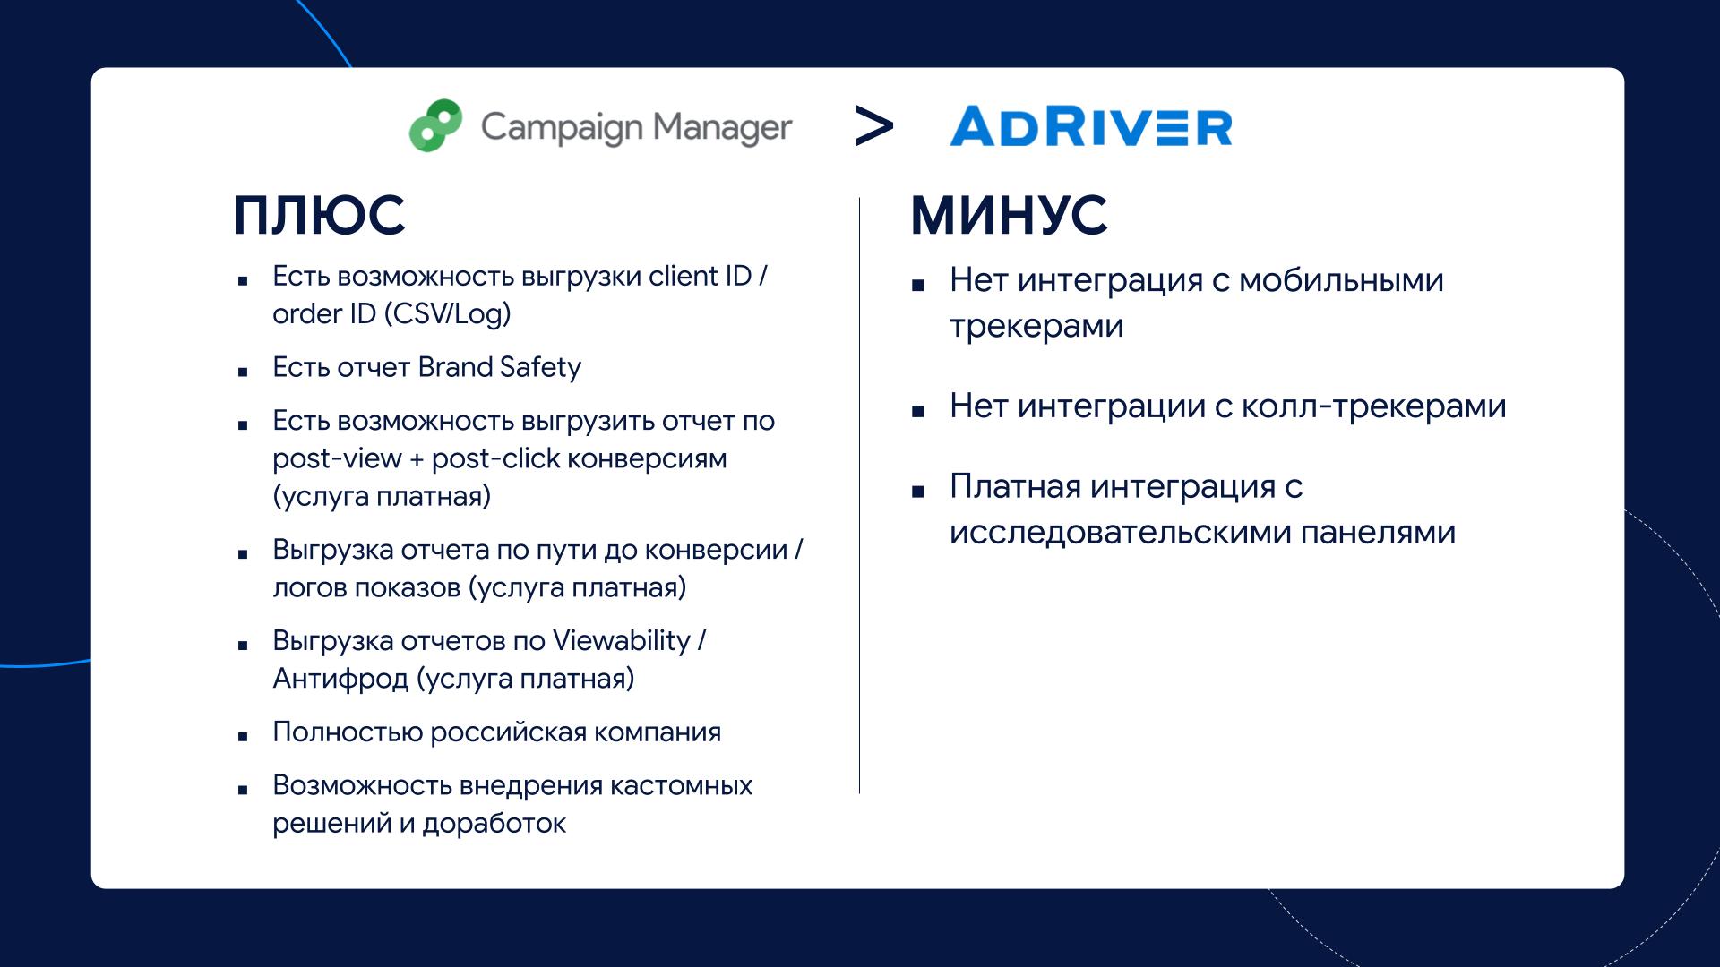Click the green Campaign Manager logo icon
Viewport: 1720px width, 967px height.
436,125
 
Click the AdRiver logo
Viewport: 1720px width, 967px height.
1091,126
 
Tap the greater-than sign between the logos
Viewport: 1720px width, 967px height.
874,126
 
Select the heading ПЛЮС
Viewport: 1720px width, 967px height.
320,216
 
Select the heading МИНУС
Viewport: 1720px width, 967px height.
1010,216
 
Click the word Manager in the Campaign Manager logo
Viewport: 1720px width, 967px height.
722,128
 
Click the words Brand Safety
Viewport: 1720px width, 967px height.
500,367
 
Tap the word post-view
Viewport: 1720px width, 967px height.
338,459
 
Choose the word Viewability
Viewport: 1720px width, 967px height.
622,641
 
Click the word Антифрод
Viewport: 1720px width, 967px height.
340,679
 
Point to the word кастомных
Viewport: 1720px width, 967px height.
682,785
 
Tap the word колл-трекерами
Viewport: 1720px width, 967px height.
1374,406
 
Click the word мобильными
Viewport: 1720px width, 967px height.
1342,280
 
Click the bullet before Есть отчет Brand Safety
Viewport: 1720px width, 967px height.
243,371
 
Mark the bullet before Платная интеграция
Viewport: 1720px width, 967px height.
917,492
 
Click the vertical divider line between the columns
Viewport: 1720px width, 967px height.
859,495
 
